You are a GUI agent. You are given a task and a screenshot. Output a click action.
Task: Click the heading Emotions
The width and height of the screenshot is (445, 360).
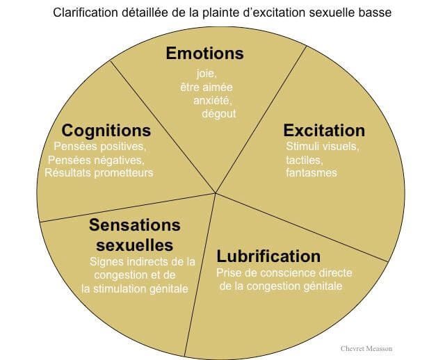[x=204, y=53]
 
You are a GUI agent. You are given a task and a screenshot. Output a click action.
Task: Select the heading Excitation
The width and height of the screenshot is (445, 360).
[x=323, y=131]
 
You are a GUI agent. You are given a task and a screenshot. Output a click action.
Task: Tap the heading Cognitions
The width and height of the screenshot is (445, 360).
[x=106, y=131]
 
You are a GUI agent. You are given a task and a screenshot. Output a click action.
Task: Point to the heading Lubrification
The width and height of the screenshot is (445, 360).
[x=268, y=256]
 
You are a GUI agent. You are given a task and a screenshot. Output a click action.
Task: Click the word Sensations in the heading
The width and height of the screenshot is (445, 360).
[x=135, y=225]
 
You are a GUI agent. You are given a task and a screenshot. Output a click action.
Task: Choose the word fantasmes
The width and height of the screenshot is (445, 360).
[x=311, y=172]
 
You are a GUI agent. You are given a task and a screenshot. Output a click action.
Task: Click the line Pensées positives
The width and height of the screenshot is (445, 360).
[x=99, y=147]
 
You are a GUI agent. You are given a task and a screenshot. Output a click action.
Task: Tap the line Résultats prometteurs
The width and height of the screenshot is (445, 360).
[x=99, y=172]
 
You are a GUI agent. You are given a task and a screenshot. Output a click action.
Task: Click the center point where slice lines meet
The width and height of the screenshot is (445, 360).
[x=214, y=193]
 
